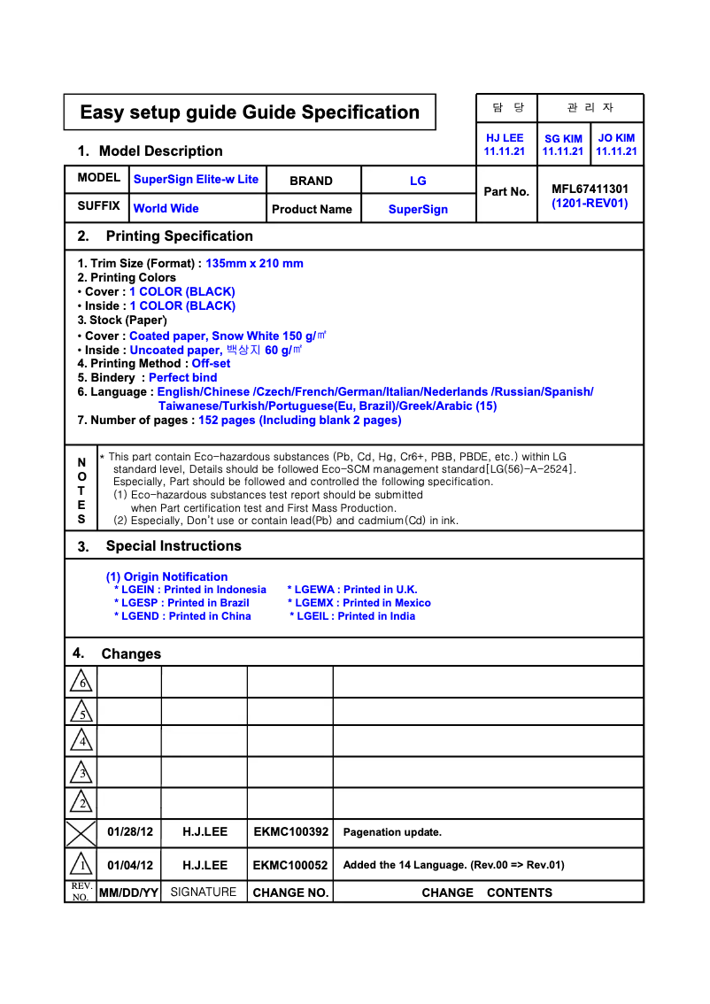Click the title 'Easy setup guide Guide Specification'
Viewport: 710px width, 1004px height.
tap(250, 112)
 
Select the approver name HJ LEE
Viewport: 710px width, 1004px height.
tap(505, 138)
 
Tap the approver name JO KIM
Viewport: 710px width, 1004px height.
tap(616, 138)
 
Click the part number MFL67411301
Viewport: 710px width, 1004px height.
tap(590, 189)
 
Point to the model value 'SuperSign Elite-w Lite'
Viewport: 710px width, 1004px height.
tap(196, 180)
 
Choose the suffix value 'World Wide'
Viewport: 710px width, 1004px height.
tap(166, 209)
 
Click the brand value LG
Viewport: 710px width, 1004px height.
tap(418, 181)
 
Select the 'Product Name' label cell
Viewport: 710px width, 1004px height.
tap(312, 210)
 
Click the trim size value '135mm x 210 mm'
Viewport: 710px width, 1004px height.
tap(254, 264)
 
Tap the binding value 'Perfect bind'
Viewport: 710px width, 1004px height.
tap(182, 378)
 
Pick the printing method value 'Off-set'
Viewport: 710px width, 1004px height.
tap(211, 364)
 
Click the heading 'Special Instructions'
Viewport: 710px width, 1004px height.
tap(174, 546)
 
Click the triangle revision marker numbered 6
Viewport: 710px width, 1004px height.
tap(81, 682)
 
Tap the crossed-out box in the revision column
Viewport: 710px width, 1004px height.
tap(81, 833)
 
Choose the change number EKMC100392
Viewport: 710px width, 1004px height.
tap(290, 832)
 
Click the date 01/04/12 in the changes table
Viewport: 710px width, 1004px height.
tap(130, 865)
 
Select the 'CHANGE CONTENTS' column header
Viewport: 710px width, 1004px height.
tap(487, 892)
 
